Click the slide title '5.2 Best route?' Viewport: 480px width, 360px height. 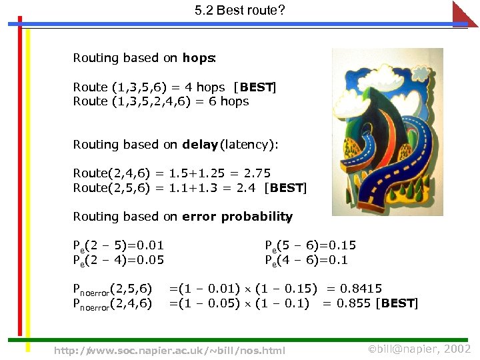coord(239,11)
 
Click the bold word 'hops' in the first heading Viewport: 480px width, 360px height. coord(197,58)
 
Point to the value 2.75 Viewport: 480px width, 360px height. coord(257,173)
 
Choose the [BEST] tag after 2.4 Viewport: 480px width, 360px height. coord(285,188)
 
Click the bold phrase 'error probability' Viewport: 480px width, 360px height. coord(236,217)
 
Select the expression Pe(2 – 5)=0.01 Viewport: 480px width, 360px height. coord(118,245)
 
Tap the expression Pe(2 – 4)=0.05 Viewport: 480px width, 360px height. coord(118,260)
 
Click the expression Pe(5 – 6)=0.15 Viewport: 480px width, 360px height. coord(310,245)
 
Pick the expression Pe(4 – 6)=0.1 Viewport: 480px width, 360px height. coord(306,260)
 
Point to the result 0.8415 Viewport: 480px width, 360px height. coord(361,289)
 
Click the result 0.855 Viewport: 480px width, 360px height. coord(354,303)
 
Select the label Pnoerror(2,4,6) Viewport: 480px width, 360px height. coord(112,304)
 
